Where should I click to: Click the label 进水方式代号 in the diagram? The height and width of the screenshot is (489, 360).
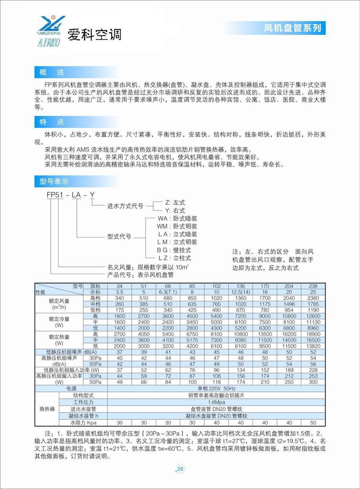[x=125, y=206]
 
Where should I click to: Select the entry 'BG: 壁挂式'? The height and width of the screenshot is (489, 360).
[x=174, y=250]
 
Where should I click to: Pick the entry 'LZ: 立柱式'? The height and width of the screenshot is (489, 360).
[x=174, y=258]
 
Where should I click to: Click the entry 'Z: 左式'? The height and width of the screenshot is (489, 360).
[x=175, y=202]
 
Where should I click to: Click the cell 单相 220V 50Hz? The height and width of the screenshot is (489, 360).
[x=216, y=389]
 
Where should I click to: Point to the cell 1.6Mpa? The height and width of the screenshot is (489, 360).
[x=216, y=403]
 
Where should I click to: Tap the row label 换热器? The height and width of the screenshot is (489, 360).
[x=47, y=409]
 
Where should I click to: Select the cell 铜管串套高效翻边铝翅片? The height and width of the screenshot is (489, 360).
[x=216, y=395]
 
